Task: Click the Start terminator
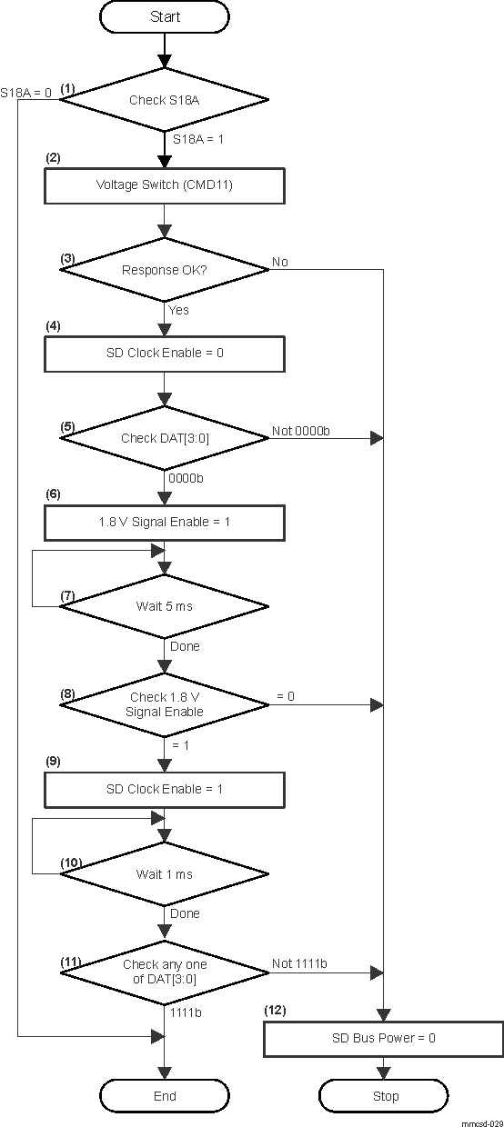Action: [165, 17]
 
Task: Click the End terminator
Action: [165, 1096]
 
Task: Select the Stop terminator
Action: [385, 1096]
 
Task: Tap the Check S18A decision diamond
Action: [165, 101]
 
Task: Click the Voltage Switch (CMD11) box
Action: [165, 185]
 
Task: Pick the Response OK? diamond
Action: [165, 270]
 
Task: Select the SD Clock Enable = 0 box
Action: [165, 352]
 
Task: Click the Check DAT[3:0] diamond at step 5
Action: [165, 438]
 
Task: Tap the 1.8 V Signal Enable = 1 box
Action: [165, 523]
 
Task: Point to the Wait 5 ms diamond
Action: [165, 607]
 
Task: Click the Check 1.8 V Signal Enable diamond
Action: [165, 704]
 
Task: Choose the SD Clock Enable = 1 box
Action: [165, 789]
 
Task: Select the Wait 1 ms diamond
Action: [165, 874]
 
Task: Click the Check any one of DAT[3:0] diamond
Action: [165, 972]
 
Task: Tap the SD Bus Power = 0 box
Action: [383, 1038]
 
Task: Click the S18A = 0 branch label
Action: [26, 92]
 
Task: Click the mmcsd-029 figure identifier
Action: [481, 1122]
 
